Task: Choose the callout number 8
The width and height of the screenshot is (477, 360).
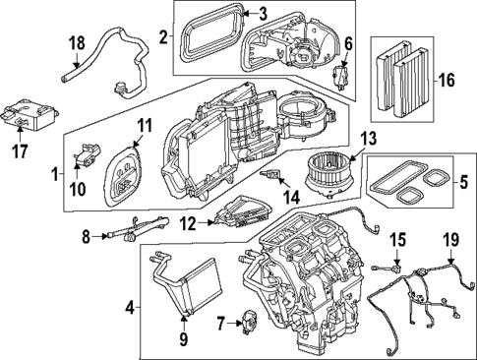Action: [87, 236]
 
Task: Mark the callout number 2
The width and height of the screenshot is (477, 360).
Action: [164, 38]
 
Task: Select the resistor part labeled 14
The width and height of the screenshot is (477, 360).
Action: [271, 175]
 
